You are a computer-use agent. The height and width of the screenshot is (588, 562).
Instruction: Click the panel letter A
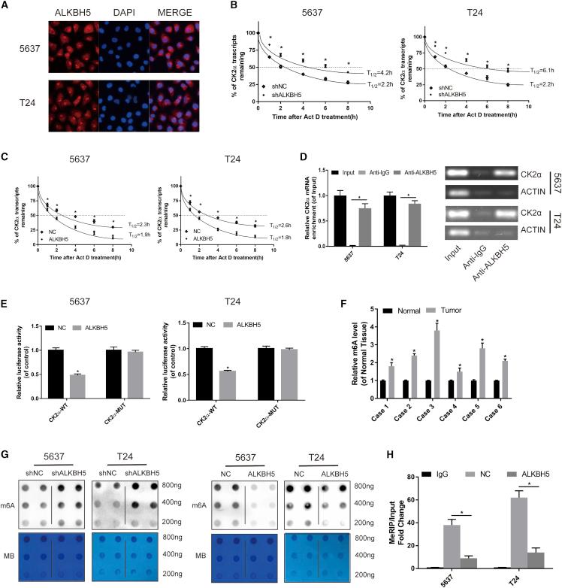coord(6,7)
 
